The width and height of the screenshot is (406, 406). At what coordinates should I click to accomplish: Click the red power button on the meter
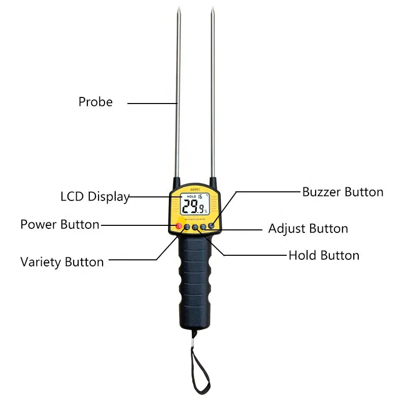(178, 226)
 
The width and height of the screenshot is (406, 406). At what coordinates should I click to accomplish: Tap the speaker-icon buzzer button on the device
(211, 225)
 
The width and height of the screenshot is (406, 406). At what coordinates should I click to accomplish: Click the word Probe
(95, 102)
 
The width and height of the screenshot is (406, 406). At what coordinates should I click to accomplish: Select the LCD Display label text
(95, 196)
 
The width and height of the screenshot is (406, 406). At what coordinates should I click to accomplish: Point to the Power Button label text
(60, 224)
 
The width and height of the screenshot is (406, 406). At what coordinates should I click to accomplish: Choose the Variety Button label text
(62, 262)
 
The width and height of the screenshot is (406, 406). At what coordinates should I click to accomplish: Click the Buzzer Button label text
(343, 192)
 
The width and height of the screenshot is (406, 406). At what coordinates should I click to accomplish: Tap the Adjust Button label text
(308, 229)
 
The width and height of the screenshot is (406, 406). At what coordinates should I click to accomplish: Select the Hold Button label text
(324, 255)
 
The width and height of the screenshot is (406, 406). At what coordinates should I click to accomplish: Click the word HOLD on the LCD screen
(191, 196)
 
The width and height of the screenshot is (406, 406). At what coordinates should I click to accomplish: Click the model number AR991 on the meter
(195, 188)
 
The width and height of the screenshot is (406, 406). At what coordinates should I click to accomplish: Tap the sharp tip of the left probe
(179, 8)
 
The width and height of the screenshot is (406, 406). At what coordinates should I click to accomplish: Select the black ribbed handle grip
(195, 279)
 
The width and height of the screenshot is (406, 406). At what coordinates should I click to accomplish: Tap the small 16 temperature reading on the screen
(201, 196)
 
